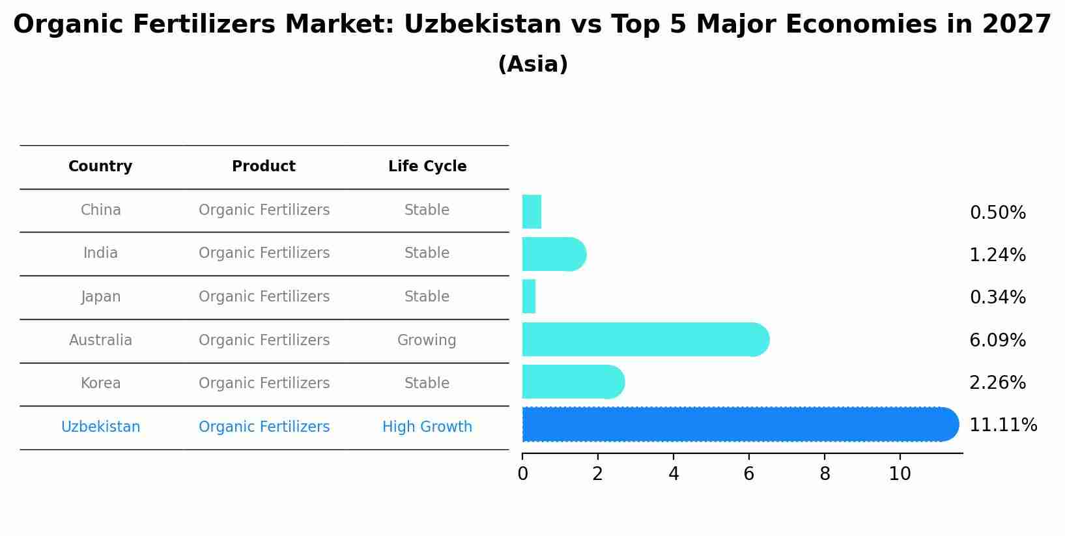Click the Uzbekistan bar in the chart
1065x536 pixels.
pyautogui.click(x=736, y=425)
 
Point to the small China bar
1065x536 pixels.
pyautogui.click(x=532, y=212)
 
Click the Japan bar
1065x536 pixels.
pyautogui.click(x=529, y=296)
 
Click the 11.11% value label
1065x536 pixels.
pyautogui.click(x=1002, y=425)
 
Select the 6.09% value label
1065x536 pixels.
pyautogui.click(x=997, y=340)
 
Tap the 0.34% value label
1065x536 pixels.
pyautogui.click(x=997, y=298)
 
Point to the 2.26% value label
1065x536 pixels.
pyautogui.click(x=997, y=383)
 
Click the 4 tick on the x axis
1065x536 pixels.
pyautogui.click(x=674, y=474)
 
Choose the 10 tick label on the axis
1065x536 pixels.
pyautogui.click(x=900, y=474)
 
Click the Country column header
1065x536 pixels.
pyautogui.click(x=100, y=167)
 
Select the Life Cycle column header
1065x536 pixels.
pyautogui.click(x=427, y=167)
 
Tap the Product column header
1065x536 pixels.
pyautogui.click(x=264, y=167)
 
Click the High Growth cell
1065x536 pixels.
pyautogui.click(x=427, y=427)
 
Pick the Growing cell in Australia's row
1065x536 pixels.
pyautogui.click(x=427, y=341)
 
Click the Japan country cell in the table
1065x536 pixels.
pyautogui.click(x=101, y=297)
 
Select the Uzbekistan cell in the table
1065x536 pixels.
pyautogui.click(x=101, y=427)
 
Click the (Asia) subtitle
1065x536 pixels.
pyautogui.click(x=533, y=64)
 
